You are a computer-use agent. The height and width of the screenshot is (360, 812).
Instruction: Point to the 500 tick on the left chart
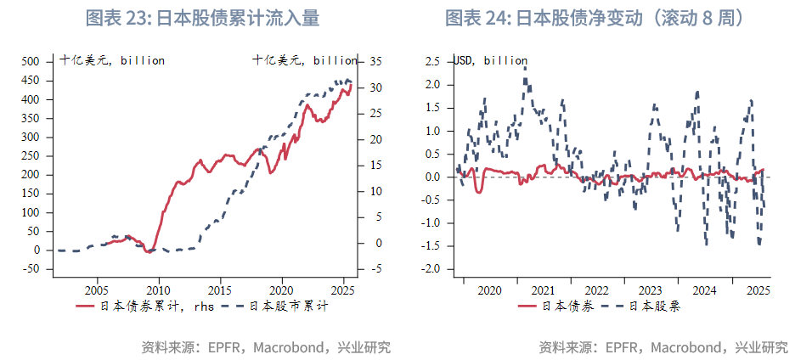(30, 61)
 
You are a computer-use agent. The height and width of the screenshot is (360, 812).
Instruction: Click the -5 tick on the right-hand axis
(375, 269)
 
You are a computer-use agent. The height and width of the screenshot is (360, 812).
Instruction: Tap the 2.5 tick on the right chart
(431, 61)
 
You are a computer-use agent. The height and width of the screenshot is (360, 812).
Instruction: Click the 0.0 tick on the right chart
(431, 177)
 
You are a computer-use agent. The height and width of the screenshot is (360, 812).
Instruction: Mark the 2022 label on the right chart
(596, 290)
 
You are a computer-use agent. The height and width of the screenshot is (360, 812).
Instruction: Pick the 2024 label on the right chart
(704, 290)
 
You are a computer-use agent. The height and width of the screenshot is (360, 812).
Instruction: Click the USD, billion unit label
(492, 60)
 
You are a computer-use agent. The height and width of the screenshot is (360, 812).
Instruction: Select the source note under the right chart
(663, 347)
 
